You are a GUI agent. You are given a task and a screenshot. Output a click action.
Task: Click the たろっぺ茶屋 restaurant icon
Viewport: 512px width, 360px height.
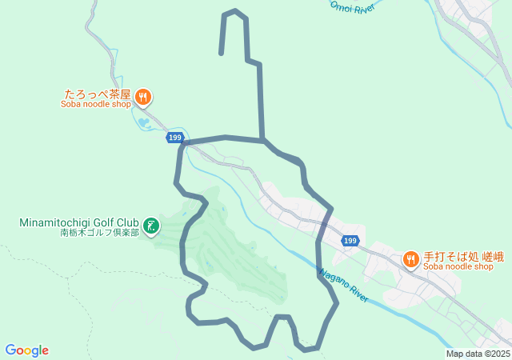[x=143, y=97]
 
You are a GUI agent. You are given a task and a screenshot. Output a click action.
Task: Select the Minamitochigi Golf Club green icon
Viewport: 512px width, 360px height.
[x=150, y=223]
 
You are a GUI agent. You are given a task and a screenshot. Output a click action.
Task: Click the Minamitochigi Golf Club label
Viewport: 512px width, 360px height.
[x=79, y=222]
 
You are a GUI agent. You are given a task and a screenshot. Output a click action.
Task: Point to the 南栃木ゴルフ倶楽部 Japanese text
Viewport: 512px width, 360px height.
[x=99, y=233]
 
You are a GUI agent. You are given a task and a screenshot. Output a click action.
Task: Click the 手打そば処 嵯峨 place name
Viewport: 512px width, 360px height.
[x=463, y=257]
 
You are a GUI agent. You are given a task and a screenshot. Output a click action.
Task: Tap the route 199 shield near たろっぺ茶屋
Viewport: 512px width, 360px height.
[x=174, y=138]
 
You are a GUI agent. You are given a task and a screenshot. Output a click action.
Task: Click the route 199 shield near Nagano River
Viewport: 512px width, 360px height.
[x=350, y=240]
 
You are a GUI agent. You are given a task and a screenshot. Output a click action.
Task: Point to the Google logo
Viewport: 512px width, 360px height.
[x=26, y=350]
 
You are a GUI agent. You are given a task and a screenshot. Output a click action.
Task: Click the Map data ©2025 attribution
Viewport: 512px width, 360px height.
[x=478, y=354]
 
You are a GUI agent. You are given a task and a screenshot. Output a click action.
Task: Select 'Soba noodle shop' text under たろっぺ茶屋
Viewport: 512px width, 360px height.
[x=95, y=104]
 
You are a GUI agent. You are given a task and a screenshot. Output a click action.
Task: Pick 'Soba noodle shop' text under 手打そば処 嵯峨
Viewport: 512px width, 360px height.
[x=458, y=267]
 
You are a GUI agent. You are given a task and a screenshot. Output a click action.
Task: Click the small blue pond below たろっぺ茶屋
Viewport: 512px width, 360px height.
[x=144, y=122]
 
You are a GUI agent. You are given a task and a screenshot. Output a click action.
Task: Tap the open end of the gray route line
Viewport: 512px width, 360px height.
[x=221, y=53]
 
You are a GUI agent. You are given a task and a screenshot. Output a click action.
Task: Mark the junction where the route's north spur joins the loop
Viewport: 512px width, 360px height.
[x=262, y=141]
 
